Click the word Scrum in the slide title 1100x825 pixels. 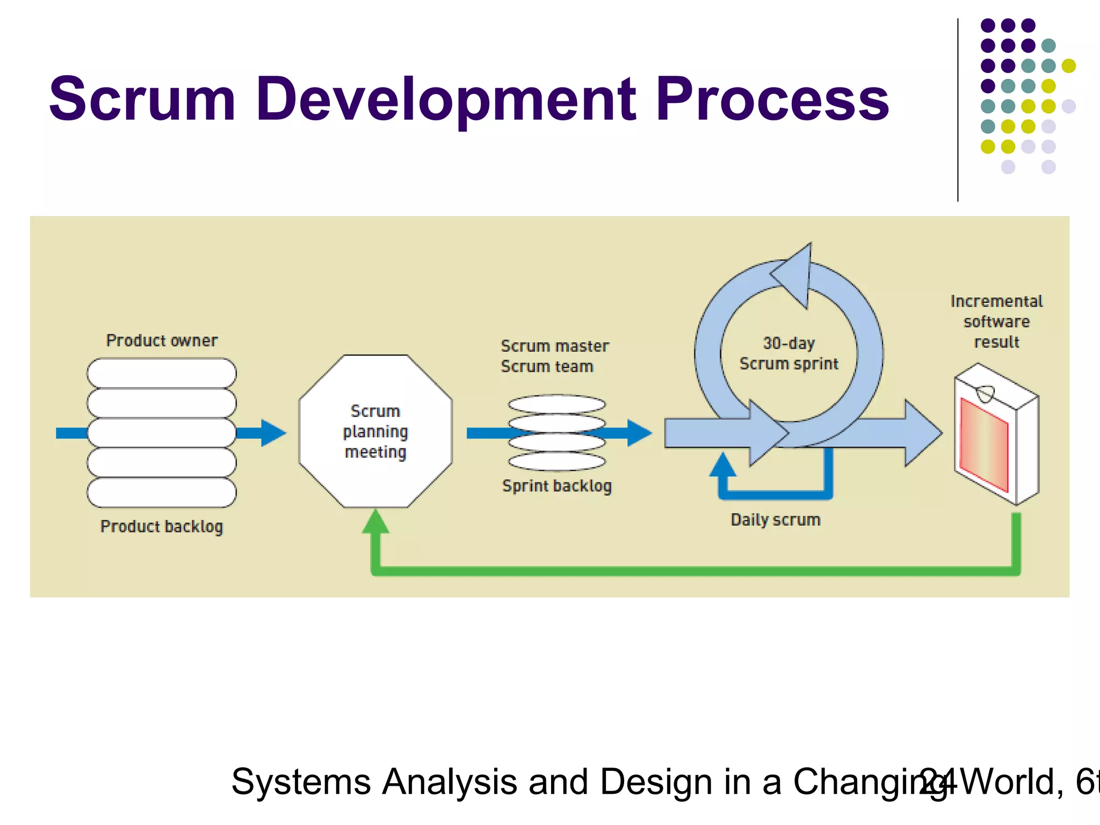(142, 99)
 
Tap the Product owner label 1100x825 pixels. (162, 341)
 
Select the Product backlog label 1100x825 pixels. (162, 526)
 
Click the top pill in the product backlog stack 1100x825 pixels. (162, 373)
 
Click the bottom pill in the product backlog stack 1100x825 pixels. (162, 492)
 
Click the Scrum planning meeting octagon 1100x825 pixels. (375, 431)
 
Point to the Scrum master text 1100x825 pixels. (555, 346)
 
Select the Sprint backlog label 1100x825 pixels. (557, 486)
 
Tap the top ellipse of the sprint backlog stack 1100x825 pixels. (557, 404)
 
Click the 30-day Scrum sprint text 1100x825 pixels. (788, 353)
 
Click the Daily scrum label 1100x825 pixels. (776, 520)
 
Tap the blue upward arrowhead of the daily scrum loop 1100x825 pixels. (723, 465)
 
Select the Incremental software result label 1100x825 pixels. (996, 321)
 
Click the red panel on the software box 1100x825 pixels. (984, 444)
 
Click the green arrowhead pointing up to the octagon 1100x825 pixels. (375, 522)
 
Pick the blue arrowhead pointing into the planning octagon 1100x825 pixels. (273, 433)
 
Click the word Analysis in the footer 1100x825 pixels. (449, 782)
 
